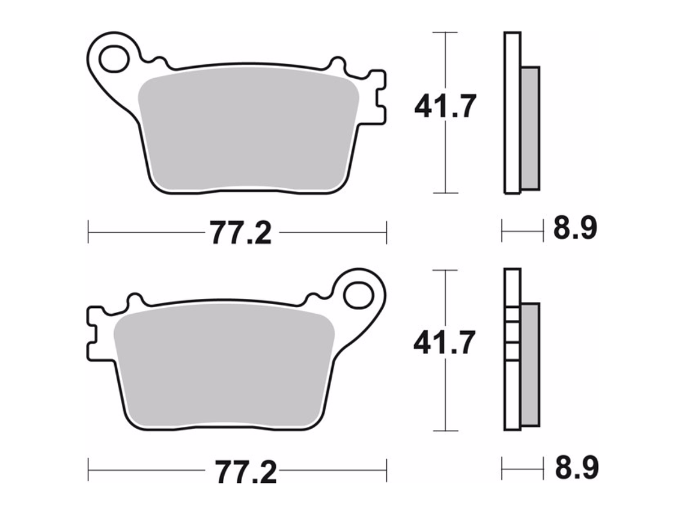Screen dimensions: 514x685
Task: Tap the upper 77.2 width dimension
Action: coord(240,232)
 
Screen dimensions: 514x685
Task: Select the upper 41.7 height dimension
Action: coord(445,107)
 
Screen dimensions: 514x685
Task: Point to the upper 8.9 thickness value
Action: coord(574,229)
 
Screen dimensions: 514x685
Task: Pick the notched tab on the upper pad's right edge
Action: coord(377,97)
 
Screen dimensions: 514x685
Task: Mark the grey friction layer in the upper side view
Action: coord(530,127)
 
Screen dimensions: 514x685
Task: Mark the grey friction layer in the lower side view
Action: coord(530,364)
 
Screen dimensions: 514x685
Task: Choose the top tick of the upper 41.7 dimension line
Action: coord(445,32)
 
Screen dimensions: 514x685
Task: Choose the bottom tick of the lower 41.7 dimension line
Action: coord(445,430)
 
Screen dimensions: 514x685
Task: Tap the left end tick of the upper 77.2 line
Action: coord(88,231)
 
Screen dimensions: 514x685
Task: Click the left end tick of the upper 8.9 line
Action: coord(502,230)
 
